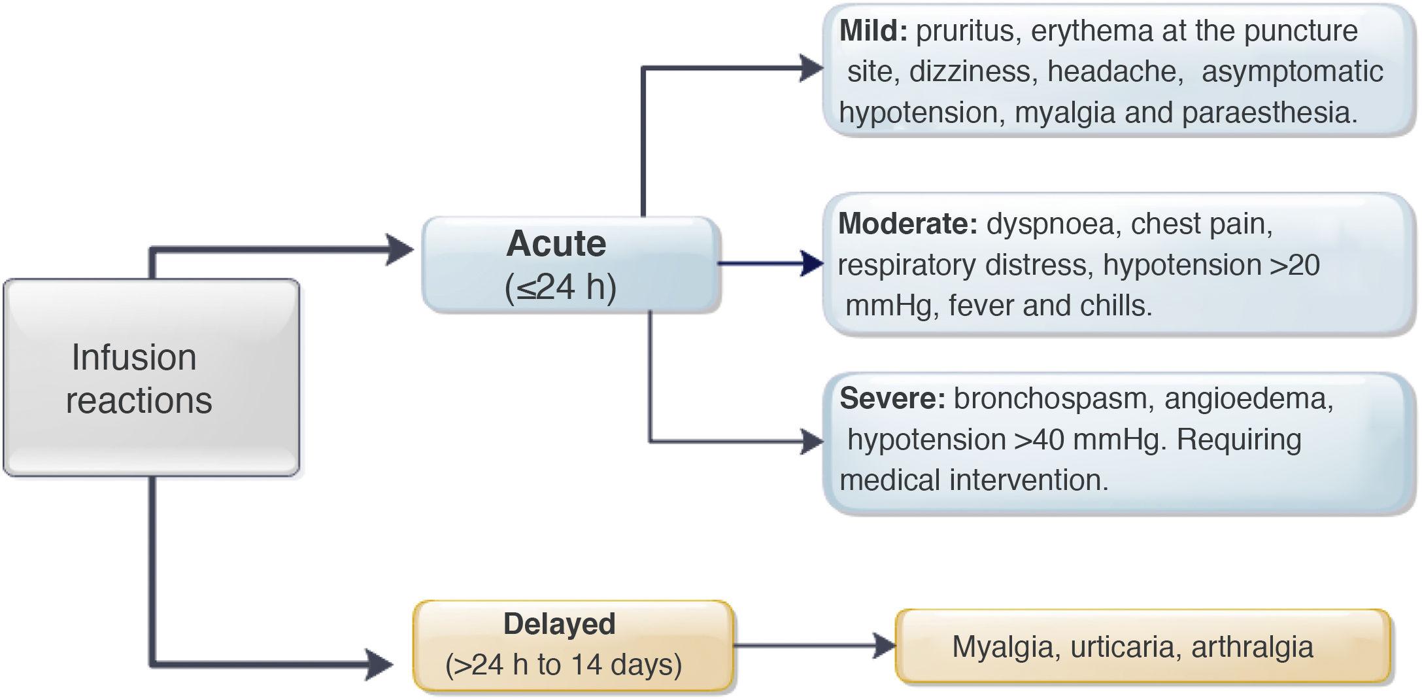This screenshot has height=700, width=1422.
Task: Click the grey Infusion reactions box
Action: point(152,377)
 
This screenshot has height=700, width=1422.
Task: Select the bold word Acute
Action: point(556,243)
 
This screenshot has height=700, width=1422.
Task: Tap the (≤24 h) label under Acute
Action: point(561,287)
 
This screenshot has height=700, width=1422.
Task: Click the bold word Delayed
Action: point(559,623)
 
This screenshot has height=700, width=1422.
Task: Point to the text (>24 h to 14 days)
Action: point(564,665)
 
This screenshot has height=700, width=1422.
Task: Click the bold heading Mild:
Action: point(873,31)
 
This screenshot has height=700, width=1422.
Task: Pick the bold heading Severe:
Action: point(892,398)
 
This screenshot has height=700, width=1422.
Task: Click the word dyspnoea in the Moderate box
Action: point(1050,224)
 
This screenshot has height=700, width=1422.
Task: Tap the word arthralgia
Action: point(1252,647)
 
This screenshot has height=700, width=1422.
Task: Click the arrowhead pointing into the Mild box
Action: point(811,68)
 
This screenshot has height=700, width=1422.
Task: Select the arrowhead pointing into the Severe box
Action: point(812,442)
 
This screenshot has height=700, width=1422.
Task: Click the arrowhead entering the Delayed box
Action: point(379,665)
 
